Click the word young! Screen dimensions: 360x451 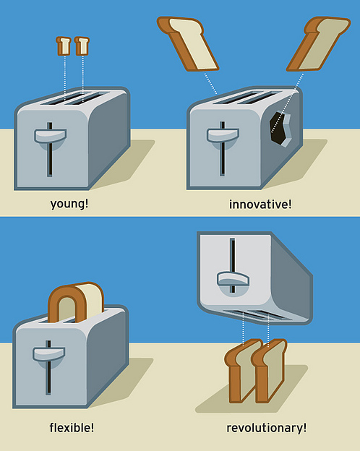pos(69,205)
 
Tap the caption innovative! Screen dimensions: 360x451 pos(260,205)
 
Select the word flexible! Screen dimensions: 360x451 pos(72,427)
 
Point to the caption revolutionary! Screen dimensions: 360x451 pos(267,428)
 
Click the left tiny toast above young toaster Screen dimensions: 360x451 pos(64,46)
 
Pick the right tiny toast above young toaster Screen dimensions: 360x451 pos(82,46)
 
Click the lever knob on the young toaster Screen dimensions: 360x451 pos(51,136)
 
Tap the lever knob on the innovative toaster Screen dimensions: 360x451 pos(223,135)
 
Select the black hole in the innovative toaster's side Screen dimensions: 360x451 pos(277,127)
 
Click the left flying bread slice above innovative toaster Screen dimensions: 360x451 pos(189,43)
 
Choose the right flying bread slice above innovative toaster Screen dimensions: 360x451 pos(318,43)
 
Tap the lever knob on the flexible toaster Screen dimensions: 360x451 pos(48,354)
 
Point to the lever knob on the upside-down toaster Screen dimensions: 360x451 pos(233,279)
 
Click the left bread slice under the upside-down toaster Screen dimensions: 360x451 pos(241,371)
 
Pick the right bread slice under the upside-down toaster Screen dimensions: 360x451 pos(269,371)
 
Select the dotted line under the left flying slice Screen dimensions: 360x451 pos(210,83)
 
